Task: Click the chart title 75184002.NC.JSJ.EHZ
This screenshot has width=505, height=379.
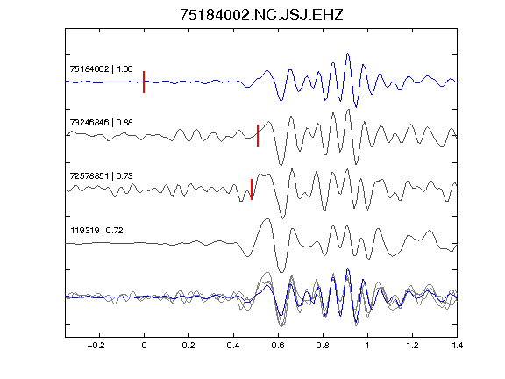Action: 261,15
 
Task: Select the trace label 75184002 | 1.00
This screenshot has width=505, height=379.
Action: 101,69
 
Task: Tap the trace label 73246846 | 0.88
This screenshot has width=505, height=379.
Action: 101,123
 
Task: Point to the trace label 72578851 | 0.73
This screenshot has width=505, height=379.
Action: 101,176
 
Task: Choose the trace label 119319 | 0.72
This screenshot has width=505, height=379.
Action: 96,231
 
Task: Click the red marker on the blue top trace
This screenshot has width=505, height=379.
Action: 144,82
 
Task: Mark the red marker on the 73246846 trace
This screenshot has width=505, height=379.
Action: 258,135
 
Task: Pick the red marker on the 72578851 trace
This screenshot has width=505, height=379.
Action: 252,189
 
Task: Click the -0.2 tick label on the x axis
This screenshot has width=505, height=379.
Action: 96,346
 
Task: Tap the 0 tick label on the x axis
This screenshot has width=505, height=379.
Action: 144,346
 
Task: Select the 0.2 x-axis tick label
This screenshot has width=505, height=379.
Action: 188,346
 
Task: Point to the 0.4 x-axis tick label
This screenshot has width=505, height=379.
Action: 233,346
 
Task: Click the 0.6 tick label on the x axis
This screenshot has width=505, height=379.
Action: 278,346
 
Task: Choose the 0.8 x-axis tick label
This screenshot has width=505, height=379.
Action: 323,346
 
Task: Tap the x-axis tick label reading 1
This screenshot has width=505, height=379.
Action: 367,346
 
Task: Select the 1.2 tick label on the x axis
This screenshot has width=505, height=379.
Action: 412,346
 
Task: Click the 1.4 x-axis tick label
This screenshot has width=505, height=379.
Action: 457,346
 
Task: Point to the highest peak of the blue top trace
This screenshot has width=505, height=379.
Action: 347,54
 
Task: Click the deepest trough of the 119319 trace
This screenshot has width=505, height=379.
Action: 281,272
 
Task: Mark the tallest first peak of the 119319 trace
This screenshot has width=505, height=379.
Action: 267,218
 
